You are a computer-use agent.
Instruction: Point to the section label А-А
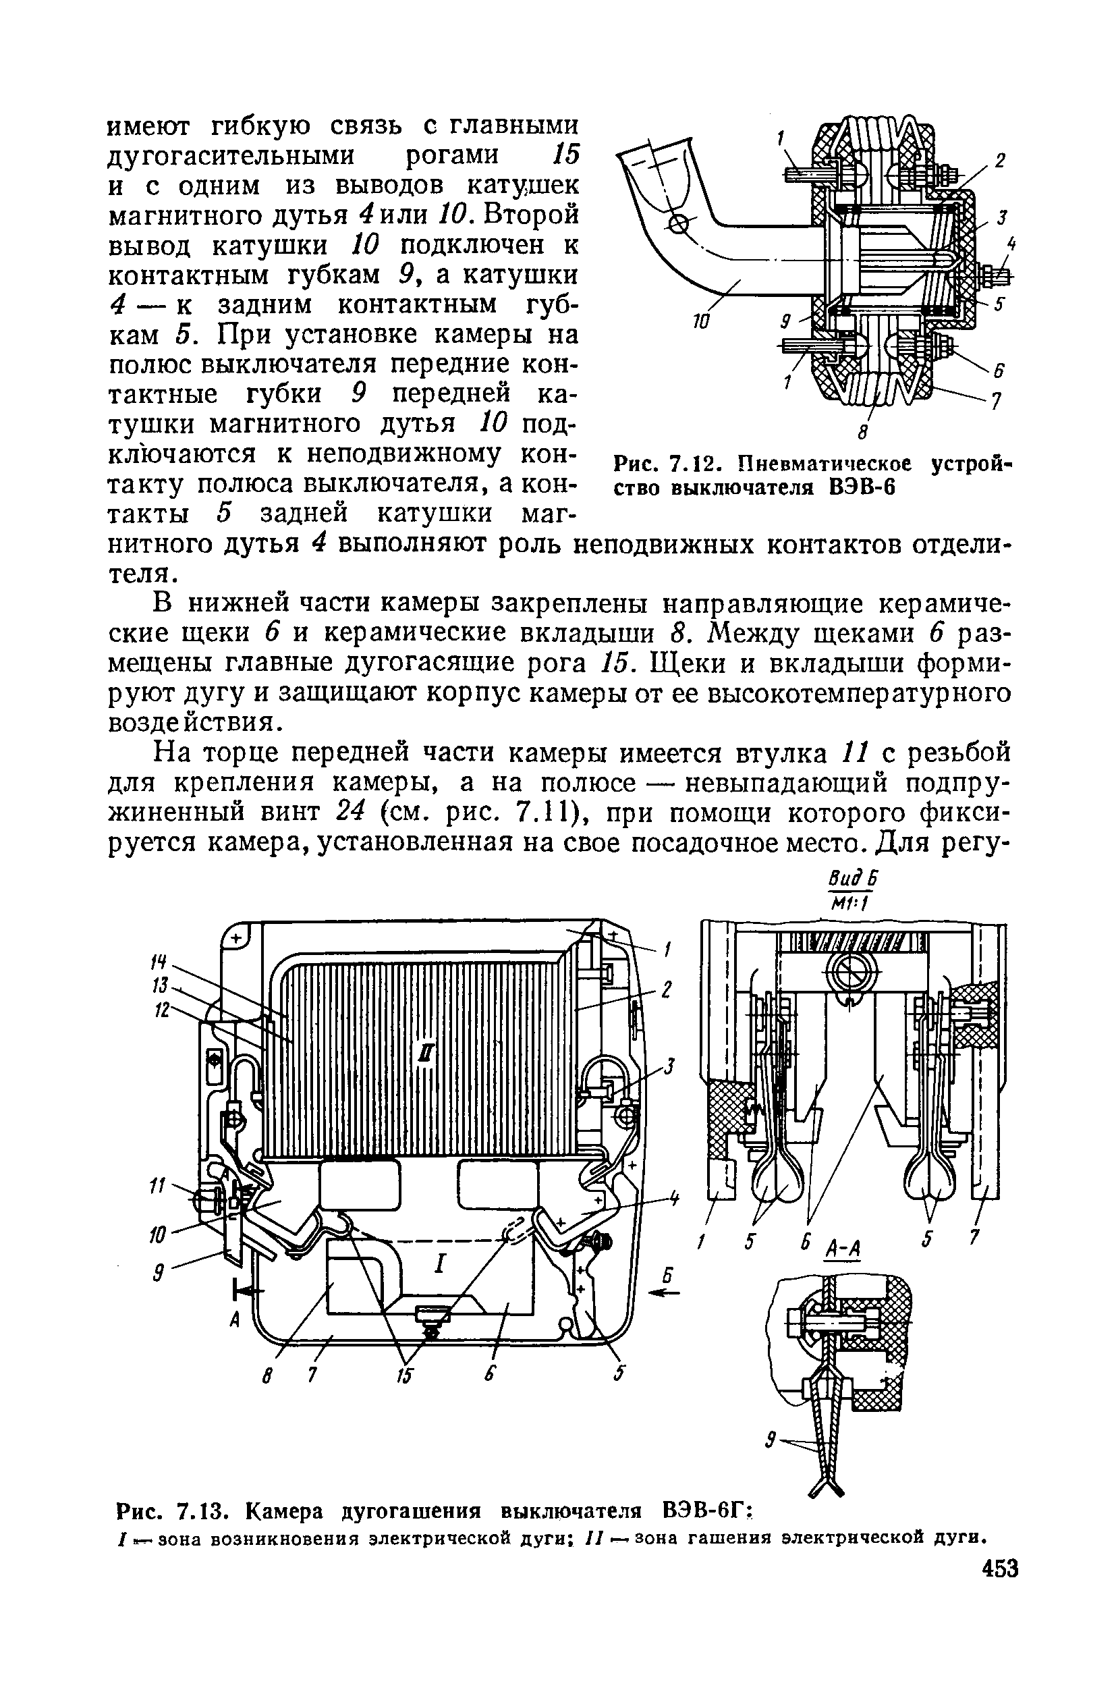click(x=843, y=1249)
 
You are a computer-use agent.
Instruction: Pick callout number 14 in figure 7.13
click(x=160, y=962)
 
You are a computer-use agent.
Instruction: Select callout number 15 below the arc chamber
click(x=403, y=1376)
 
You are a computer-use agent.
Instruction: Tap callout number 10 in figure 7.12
click(x=701, y=323)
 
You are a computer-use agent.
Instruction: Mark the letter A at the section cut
click(x=233, y=1321)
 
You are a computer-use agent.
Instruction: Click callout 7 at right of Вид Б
click(x=976, y=1234)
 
